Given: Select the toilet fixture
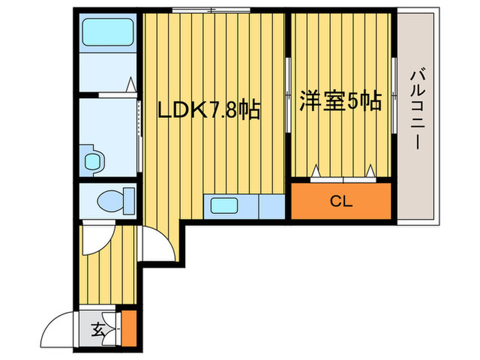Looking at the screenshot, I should click(x=110, y=201).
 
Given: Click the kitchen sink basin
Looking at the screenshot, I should click(x=224, y=206).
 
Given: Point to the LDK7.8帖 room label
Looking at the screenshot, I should click(x=209, y=110).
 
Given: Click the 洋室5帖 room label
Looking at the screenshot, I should click(x=340, y=102).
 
